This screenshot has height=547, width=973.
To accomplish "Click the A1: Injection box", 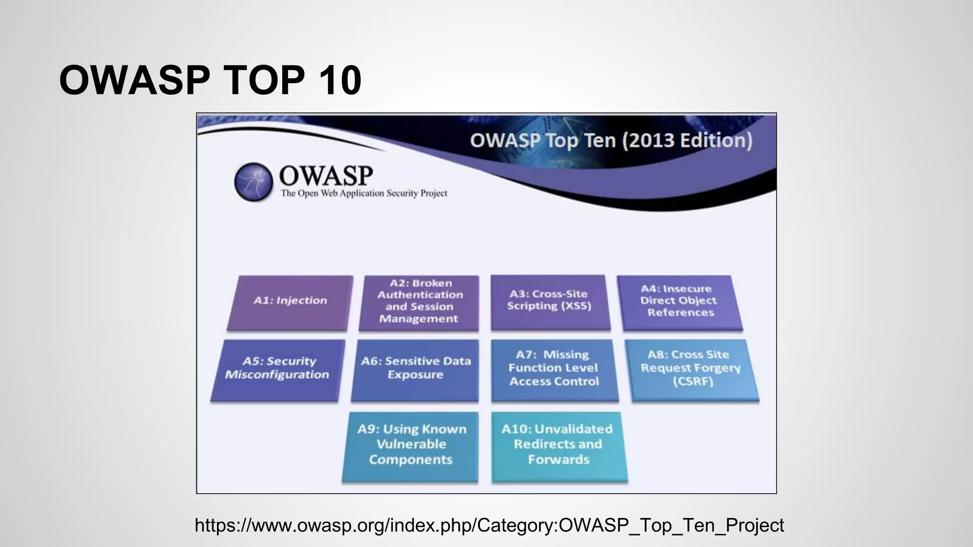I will click(290, 302).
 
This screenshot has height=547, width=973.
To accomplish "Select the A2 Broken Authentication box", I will click(419, 302).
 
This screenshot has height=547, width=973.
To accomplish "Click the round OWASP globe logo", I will click(254, 182).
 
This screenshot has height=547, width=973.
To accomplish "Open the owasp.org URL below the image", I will click(489, 525).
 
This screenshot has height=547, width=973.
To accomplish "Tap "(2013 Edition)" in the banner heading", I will click(687, 141).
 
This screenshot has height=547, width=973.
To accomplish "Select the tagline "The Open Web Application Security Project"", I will click(364, 193).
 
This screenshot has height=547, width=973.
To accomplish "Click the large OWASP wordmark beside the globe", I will click(326, 176).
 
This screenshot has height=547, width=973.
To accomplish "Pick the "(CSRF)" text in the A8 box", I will click(693, 382).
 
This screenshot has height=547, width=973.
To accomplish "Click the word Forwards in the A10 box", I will click(559, 460).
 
